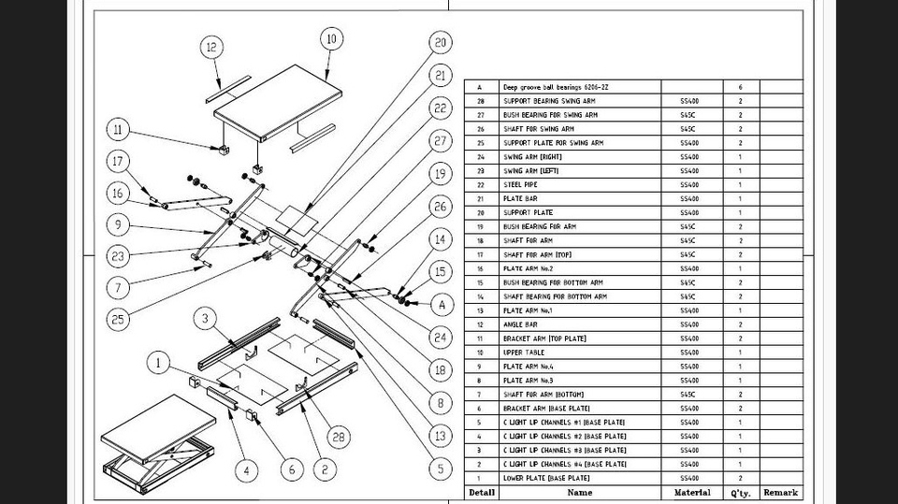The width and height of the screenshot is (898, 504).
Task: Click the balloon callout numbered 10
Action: tap(329, 39)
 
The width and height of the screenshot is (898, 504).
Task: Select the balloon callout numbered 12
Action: tap(211, 47)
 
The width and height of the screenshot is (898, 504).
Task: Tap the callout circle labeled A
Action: tap(442, 304)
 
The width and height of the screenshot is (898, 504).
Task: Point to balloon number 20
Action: tap(441, 42)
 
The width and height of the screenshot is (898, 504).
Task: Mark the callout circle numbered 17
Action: tap(118, 161)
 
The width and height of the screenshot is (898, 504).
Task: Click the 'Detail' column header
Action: tap(482, 492)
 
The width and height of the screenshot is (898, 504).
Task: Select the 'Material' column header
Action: tap(691, 492)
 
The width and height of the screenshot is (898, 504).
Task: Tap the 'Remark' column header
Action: tap(780, 492)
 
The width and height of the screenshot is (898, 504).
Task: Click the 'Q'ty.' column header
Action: tap(739, 492)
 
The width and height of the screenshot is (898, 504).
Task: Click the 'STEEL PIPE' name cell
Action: tap(524, 185)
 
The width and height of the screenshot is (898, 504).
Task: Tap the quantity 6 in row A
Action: tap(740, 87)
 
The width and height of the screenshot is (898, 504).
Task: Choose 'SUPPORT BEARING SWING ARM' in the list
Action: tap(549, 101)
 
